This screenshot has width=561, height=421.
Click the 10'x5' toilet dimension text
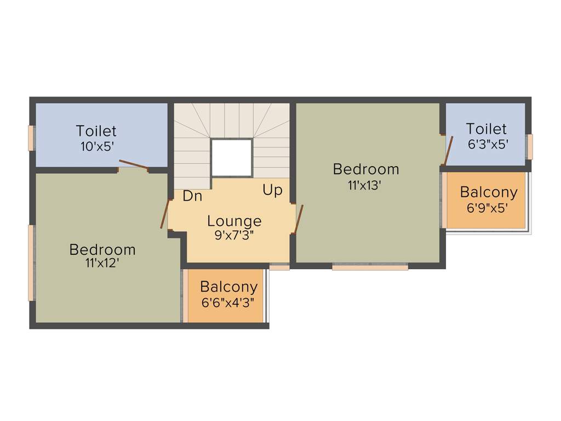pyautogui.click(x=96, y=146)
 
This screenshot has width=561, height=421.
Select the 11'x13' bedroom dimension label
pyautogui.click(x=364, y=185)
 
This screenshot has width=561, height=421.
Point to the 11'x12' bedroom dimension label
pyautogui.click(x=102, y=263)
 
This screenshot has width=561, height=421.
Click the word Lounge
pyautogui.click(x=234, y=221)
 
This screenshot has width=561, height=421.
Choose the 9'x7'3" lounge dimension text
pyautogui.click(x=234, y=235)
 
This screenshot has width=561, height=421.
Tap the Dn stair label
pyautogui.click(x=192, y=196)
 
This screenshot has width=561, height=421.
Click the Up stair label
pyautogui.click(x=272, y=190)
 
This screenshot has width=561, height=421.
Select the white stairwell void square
pyautogui.click(x=231, y=158)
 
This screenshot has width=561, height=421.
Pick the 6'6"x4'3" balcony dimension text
pyautogui.click(x=228, y=301)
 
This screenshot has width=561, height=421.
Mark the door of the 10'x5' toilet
pyautogui.click(x=134, y=164)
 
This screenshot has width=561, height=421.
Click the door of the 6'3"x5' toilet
pyautogui.click(x=448, y=150)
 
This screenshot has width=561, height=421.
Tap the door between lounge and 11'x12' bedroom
pyautogui.click(x=164, y=214)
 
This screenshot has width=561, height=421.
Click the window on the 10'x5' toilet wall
pyautogui.click(x=32, y=138)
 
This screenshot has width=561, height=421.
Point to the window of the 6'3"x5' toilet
pyautogui.click(x=529, y=146)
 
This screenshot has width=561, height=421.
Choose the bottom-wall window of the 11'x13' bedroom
pyautogui.click(x=370, y=267)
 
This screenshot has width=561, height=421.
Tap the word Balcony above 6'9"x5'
pyautogui.click(x=488, y=192)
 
